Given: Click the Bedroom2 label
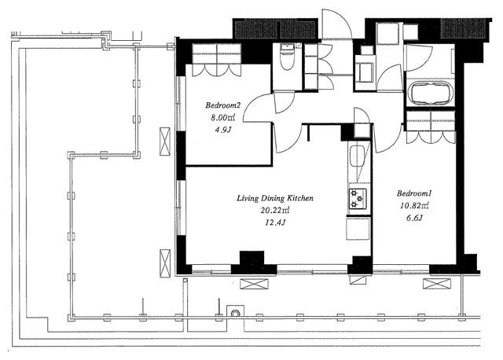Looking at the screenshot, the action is pyautogui.click(x=223, y=105).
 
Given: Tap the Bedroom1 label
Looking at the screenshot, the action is pyautogui.click(x=414, y=193).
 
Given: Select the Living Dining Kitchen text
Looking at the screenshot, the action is pyautogui.click(x=275, y=198).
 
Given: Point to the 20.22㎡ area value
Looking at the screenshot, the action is pyautogui.click(x=275, y=211).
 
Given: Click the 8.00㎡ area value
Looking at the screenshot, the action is pyautogui.click(x=223, y=118).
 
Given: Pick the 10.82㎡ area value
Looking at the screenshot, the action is pyautogui.click(x=414, y=206).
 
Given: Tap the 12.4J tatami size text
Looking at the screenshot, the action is pyautogui.click(x=275, y=222).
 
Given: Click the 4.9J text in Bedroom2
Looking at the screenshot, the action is pyautogui.click(x=223, y=130).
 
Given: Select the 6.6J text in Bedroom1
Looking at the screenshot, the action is pyautogui.click(x=414, y=219).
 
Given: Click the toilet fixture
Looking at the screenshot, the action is pyautogui.click(x=286, y=57).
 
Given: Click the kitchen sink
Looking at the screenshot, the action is pyautogui.click(x=356, y=156).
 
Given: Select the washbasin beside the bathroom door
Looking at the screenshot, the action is pyautogui.click(x=365, y=72).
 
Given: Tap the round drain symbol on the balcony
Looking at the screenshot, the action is pyautogui.click(x=236, y=312).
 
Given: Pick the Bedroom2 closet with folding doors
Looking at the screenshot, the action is pyautogui.click(x=217, y=60).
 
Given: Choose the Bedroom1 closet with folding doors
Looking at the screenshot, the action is pyautogui.click(x=431, y=127).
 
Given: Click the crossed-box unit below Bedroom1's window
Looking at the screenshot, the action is pyautogui.click(x=437, y=284).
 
